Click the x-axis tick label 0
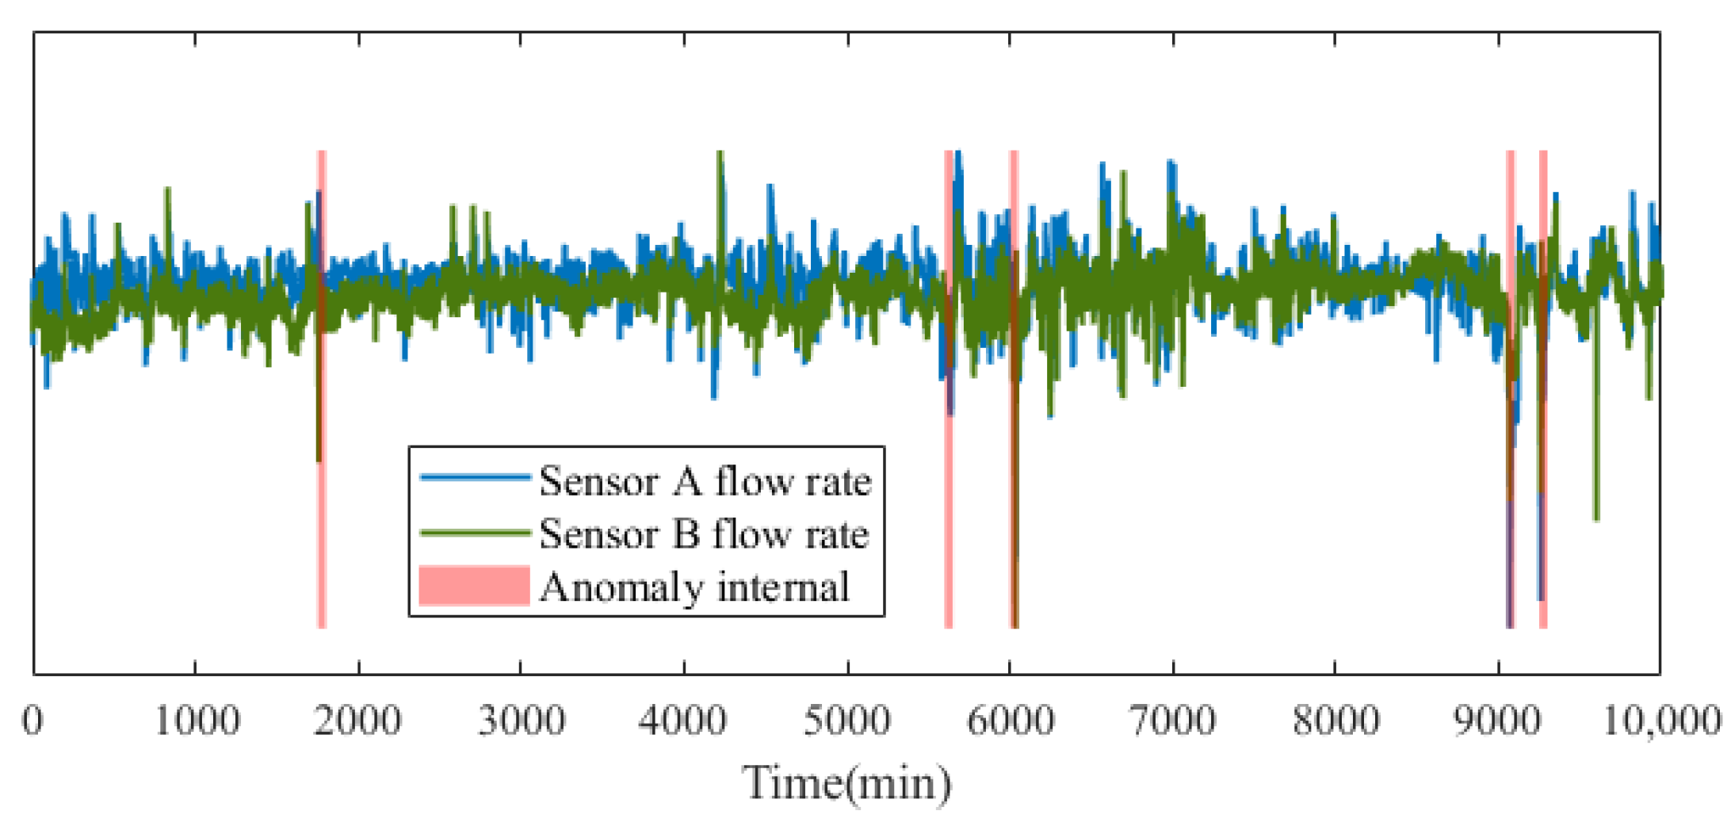[32, 721]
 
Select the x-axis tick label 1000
[196, 721]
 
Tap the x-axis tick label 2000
[358, 721]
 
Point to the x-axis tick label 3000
[522, 721]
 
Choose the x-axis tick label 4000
[684, 721]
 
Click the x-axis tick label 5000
[847, 721]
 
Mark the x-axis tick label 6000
[1011, 721]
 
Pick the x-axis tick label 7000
[1173, 721]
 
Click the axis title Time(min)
[846, 783]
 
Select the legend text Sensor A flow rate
[705, 481]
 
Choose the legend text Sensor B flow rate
[703, 534]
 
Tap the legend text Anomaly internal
[694, 587]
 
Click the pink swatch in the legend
[474, 586]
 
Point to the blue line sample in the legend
[474, 476]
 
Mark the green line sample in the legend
[474, 532]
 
